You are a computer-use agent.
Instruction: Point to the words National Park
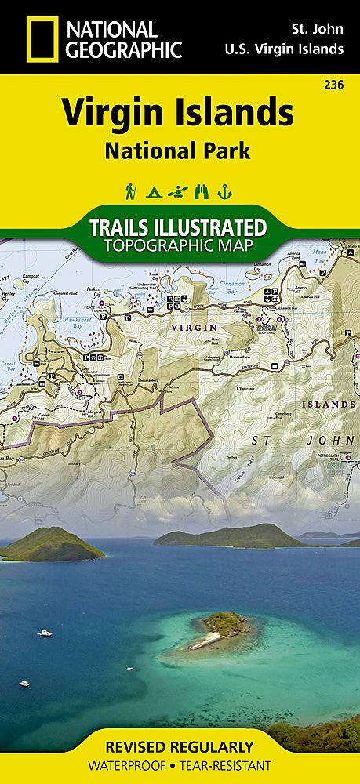pyautogui.click(x=179, y=150)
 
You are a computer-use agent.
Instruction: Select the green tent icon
pyautogui.click(x=154, y=190)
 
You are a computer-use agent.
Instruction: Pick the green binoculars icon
pyautogui.click(x=203, y=190)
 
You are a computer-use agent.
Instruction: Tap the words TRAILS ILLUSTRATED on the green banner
pyautogui.click(x=179, y=228)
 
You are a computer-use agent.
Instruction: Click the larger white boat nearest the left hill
pyautogui.click(x=45, y=632)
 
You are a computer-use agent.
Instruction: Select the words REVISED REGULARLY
pyautogui.click(x=180, y=746)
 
